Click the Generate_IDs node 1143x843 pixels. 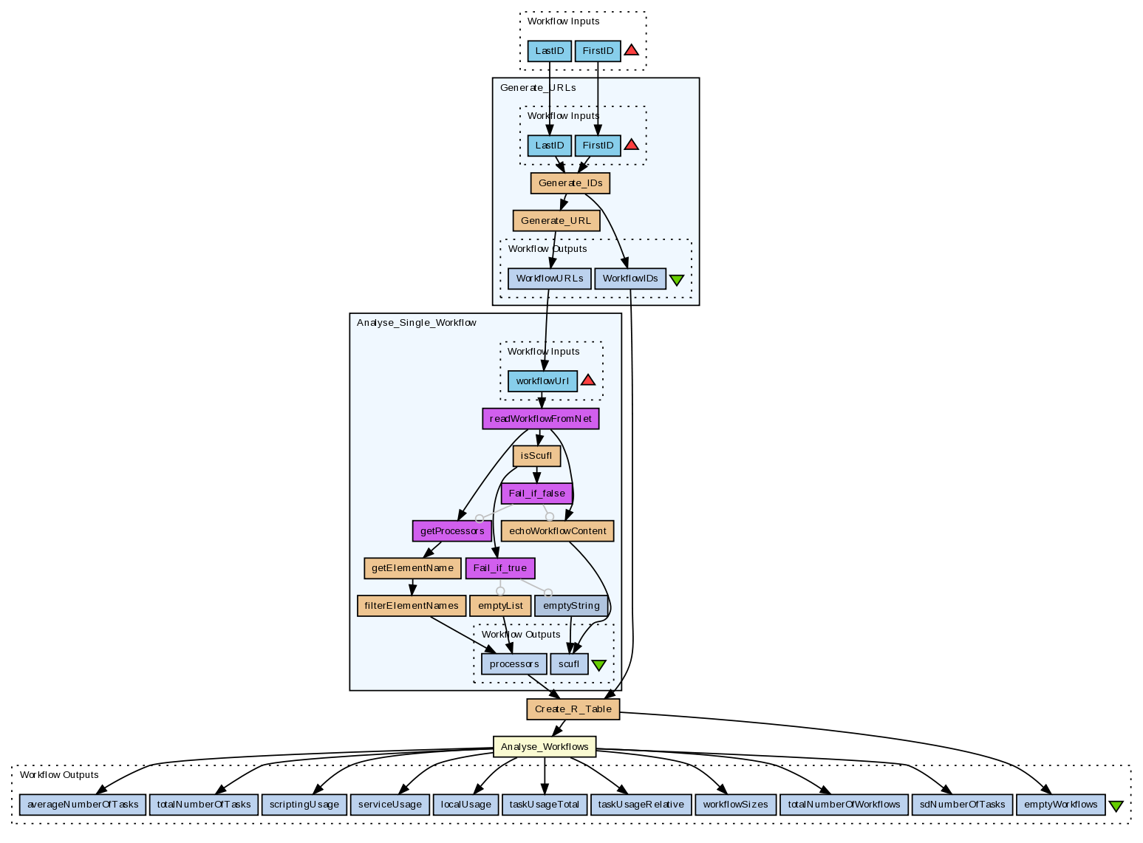570,183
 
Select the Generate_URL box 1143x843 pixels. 556,221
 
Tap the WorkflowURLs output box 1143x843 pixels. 550,279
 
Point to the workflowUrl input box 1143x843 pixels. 542,381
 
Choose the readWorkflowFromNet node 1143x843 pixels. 540,419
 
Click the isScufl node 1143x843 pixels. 536,456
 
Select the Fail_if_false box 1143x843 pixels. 536,494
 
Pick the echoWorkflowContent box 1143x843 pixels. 558,530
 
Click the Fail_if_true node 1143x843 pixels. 500,568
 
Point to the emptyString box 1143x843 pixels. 571,606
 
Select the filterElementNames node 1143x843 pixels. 412,606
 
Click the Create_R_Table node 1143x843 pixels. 573,709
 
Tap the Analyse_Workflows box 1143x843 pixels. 545,747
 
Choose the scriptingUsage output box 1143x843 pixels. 304,805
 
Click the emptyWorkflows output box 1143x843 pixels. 1061,805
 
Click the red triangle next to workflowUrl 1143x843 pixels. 588,380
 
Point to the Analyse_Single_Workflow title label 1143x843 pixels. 417,323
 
